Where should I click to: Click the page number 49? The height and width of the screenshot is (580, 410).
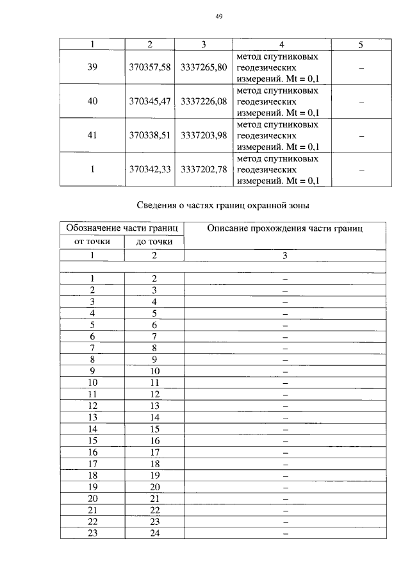(x=218, y=17)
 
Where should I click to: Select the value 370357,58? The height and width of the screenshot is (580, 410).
(x=149, y=67)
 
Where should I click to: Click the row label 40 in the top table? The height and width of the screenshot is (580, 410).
(x=92, y=101)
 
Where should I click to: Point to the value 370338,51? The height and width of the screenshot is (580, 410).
(x=149, y=136)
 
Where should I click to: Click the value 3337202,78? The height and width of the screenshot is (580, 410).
(x=204, y=170)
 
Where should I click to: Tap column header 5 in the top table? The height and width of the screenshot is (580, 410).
(x=361, y=45)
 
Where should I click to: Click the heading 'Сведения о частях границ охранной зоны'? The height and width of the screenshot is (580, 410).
(x=223, y=205)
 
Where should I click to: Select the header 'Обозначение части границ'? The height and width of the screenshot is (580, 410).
(x=122, y=229)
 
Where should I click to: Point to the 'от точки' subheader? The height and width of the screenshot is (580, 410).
(x=92, y=242)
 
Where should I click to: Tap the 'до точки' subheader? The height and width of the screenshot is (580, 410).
(x=154, y=242)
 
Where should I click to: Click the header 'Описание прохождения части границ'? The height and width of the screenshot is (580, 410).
(x=285, y=229)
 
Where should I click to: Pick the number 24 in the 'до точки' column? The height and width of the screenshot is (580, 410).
(x=154, y=533)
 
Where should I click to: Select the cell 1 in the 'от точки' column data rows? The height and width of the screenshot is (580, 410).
(x=92, y=278)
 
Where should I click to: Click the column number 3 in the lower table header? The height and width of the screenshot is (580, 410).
(x=285, y=255)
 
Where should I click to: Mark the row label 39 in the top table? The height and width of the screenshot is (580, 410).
(x=92, y=67)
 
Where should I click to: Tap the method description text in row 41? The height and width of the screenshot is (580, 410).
(x=277, y=136)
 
